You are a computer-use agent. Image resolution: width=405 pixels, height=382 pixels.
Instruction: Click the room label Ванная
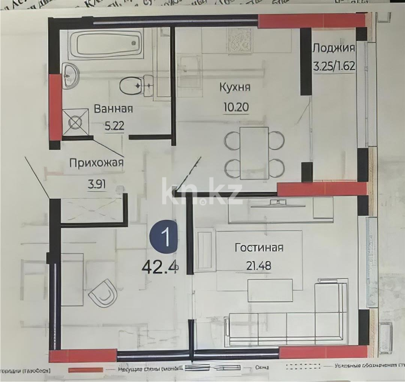[x=113, y=109]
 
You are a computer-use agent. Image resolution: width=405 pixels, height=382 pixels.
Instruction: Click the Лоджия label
[x=334, y=48]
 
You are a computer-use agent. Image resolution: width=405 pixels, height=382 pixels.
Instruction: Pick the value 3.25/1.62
[x=334, y=66]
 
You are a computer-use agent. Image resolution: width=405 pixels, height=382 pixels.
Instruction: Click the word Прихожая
[x=96, y=163]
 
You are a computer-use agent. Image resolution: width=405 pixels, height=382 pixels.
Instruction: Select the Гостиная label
[x=259, y=248]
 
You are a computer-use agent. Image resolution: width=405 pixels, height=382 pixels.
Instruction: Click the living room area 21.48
[x=258, y=266]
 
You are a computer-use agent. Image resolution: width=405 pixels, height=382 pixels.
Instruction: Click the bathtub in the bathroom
[x=109, y=44]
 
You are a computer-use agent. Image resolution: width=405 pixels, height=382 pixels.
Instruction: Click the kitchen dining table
[x=254, y=152]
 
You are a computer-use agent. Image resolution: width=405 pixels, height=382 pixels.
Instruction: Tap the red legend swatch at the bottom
[x=85, y=370]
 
